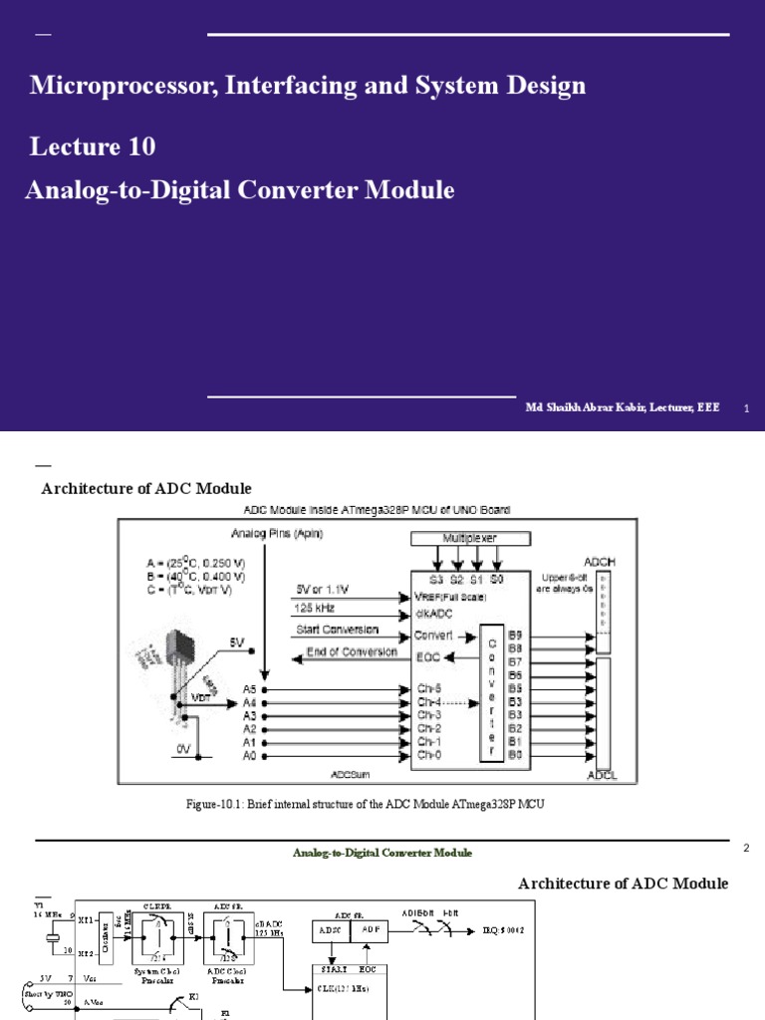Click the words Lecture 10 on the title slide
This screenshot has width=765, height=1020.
pyautogui.click(x=93, y=147)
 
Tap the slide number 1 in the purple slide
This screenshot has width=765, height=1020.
pyautogui.click(x=746, y=409)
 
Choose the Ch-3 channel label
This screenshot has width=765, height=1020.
pyautogui.click(x=429, y=715)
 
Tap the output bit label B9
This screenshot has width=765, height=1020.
pyautogui.click(x=514, y=634)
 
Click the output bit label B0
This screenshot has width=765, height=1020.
pyautogui.click(x=514, y=755)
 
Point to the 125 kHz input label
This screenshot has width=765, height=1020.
pyautogui.click(x=314, y=606)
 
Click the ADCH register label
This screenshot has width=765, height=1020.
pyautogui.click(x=606, y=561)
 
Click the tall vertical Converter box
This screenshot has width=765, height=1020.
pyautogui.click(x=489, y=693)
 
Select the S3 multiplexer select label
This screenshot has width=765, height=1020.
pyautogui.click(x=435, y=579)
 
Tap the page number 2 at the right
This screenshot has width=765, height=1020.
pyautogui.click(x=746, y=848)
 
